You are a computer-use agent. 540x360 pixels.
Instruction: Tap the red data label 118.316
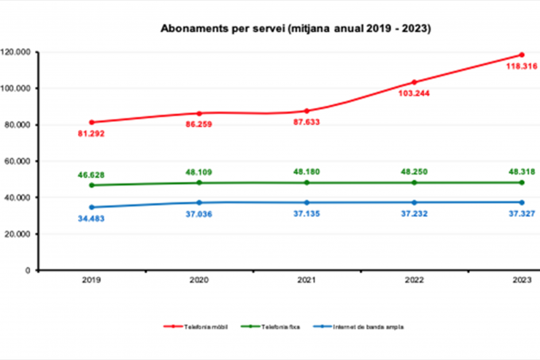coord(522,66)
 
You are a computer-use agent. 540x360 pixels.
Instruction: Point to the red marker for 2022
coord(414,82)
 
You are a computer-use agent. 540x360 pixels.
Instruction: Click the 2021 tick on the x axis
coord(306,280)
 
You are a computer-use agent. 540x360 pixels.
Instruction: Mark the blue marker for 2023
coord(522,202)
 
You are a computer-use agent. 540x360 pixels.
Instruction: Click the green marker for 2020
coord(198,183)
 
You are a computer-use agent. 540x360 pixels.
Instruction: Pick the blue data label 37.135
coord(306,216)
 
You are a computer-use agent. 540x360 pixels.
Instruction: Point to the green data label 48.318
coord(522,172)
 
